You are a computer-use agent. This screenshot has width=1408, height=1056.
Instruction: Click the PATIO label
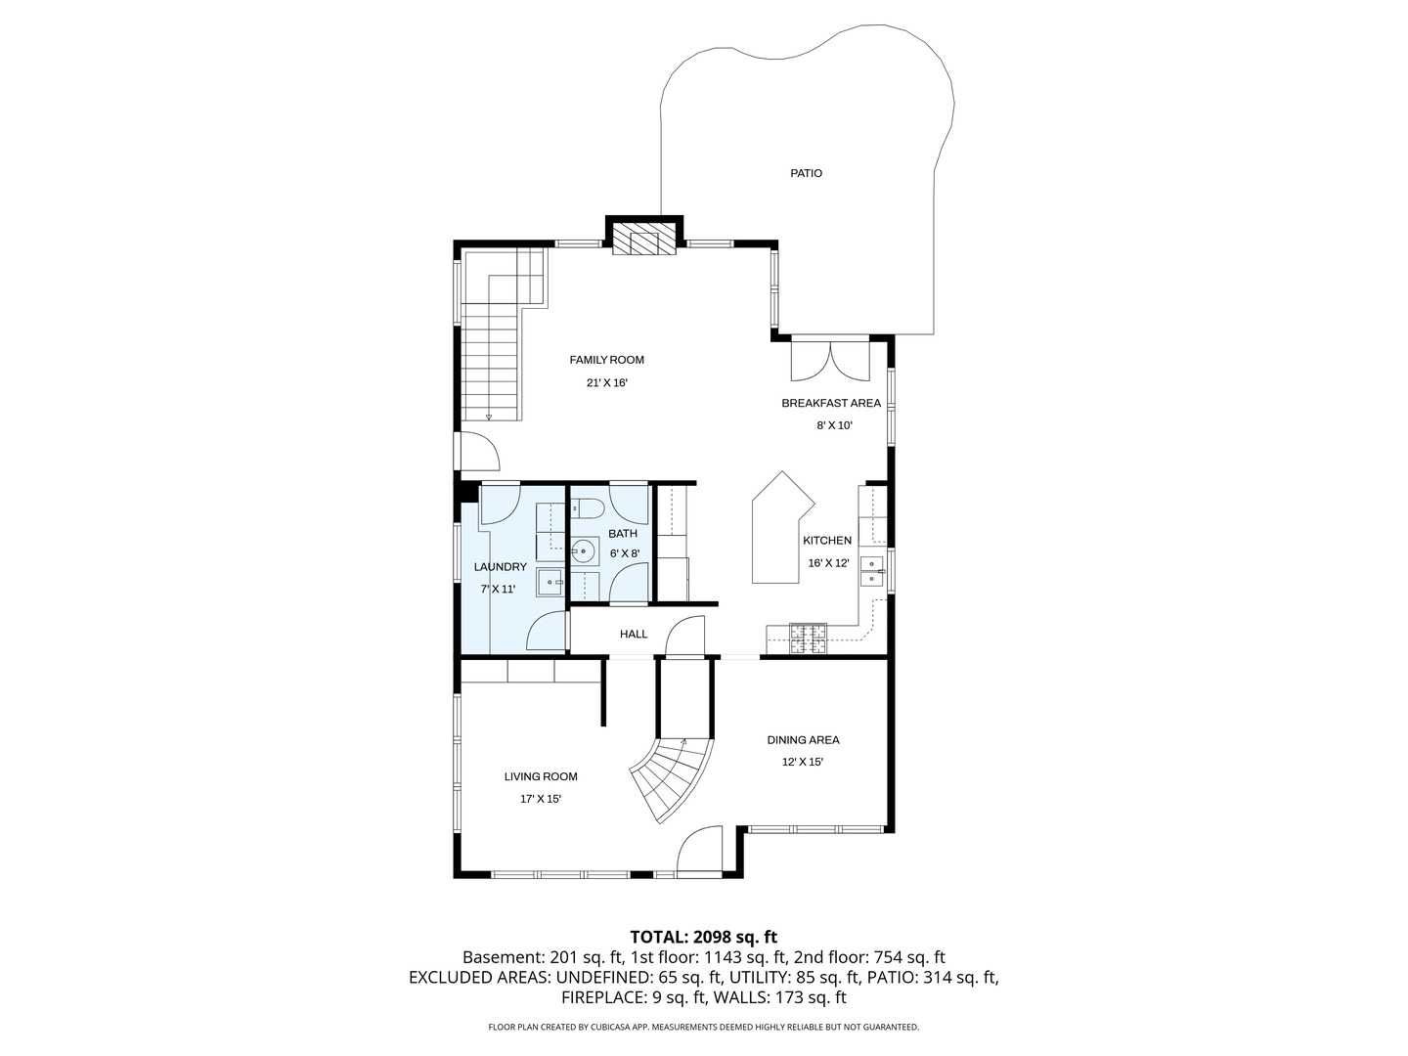806,173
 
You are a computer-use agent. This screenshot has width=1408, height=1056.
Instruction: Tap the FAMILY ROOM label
606,360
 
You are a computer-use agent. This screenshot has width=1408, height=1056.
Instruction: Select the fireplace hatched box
644,239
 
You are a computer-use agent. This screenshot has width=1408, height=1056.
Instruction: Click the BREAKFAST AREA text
831,403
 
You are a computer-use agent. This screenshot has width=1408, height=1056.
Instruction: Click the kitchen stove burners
808,638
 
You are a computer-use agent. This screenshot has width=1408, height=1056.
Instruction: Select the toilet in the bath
587,509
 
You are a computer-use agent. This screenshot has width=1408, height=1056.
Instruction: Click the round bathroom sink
583,550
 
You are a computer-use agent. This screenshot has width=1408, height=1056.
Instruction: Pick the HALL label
634,635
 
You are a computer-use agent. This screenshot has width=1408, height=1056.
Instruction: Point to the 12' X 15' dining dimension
802,763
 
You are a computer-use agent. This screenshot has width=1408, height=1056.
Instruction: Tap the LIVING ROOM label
541,776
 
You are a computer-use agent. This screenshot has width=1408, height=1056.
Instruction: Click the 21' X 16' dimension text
606,382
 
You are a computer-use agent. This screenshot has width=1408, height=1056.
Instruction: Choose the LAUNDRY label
501,567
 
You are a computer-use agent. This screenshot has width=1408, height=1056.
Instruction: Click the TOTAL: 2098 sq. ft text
704,938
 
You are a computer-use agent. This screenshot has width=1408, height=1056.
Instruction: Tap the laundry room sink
550,582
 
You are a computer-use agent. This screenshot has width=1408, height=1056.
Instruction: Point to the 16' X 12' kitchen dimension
828,563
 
